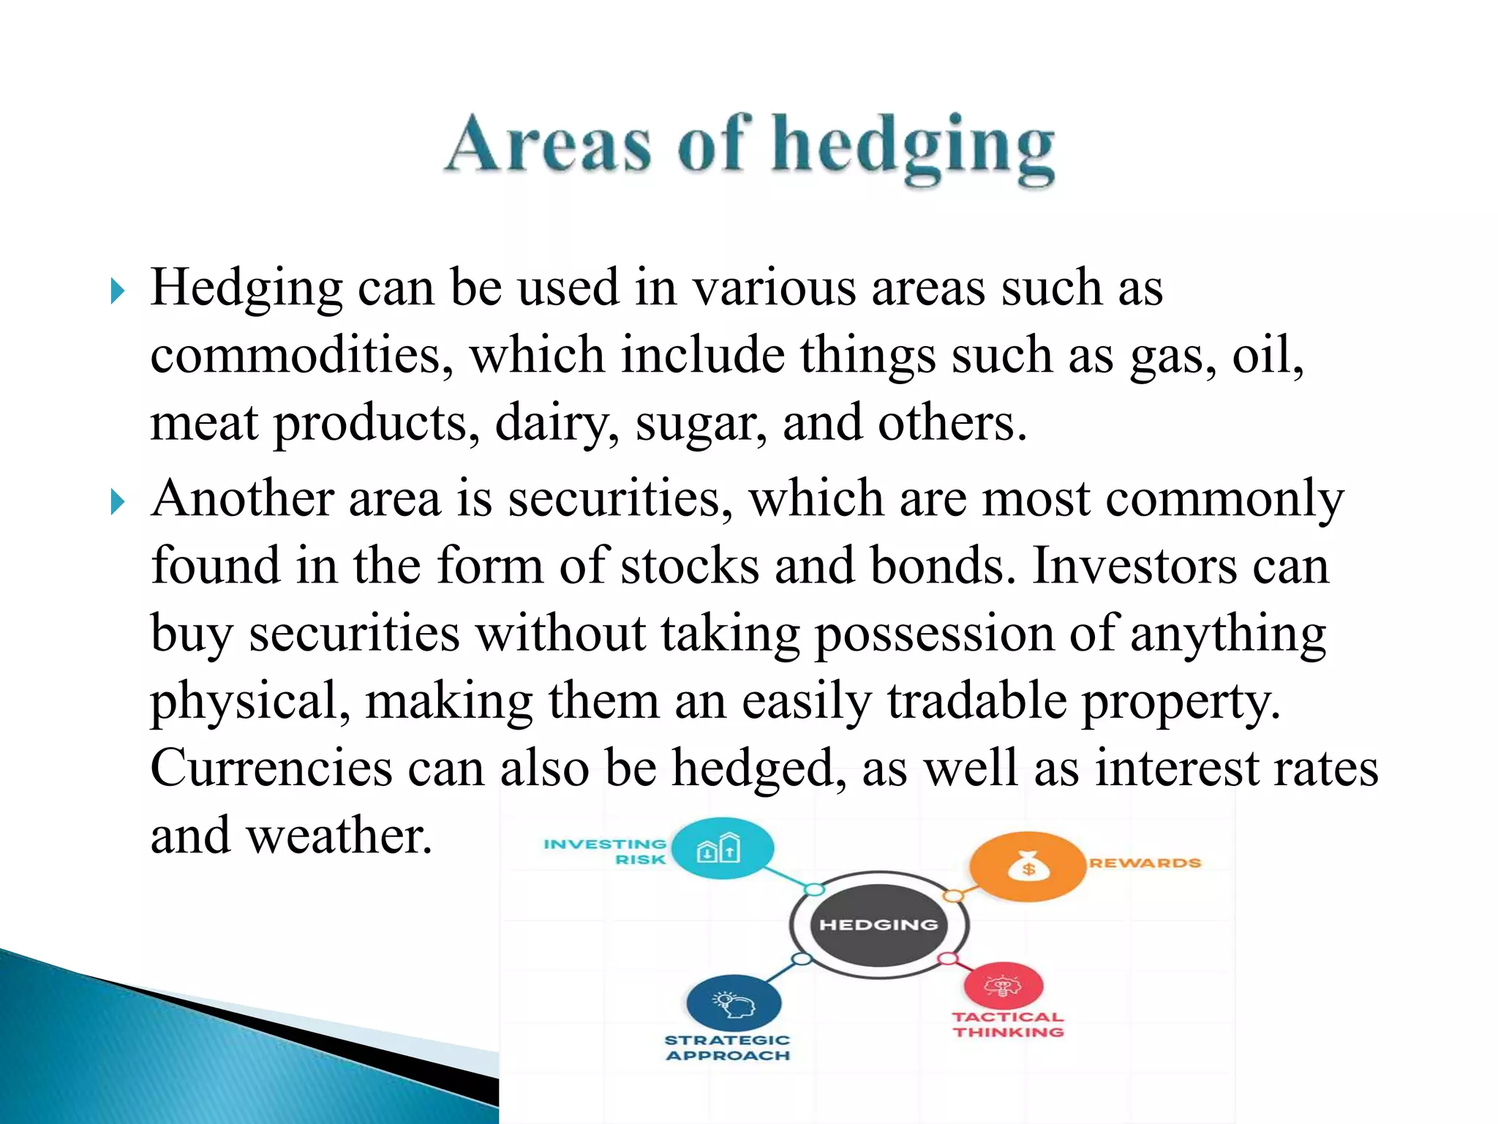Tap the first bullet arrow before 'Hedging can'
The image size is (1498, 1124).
coord(117,291)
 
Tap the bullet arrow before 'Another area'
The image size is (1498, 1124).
coord(117,502)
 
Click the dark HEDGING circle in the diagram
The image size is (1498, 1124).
coord(878,924)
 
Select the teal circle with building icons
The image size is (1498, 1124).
coord(722,849)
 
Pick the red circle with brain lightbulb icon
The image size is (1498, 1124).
coord(1003,986)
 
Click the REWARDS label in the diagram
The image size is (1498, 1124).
coord(1145,863)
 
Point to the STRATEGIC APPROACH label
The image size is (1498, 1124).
coord(728,1047)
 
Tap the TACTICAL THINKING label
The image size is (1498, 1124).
coord(1008,1024)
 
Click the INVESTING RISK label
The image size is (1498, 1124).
coord(606,851)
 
